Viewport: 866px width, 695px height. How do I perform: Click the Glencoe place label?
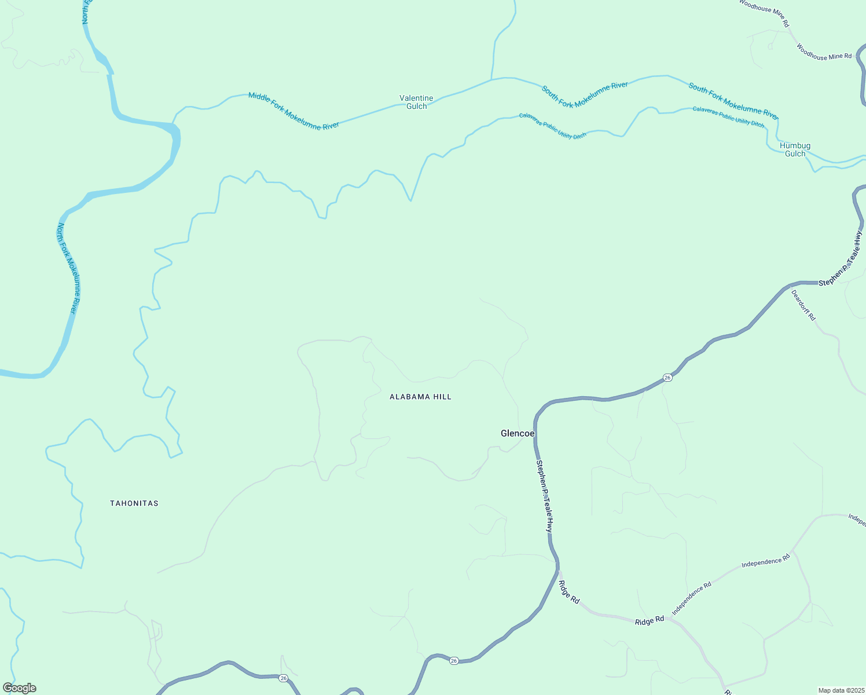coord(517,433)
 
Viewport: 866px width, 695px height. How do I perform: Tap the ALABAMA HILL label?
coord(420,397)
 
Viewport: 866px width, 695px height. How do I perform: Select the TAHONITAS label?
coord(134,503)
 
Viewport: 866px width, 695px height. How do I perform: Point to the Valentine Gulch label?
coord(416,102)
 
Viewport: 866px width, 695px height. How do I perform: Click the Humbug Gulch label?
coord(795,149)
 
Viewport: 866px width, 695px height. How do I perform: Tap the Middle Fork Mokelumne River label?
coord(293,111)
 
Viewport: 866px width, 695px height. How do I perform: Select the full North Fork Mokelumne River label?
coord(67,268)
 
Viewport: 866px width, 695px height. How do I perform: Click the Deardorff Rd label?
coord(803,305)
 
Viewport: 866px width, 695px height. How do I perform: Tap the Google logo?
coord(19,688)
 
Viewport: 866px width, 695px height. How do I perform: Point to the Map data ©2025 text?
coord(841,690)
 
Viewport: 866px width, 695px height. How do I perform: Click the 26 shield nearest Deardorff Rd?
coord(667,378)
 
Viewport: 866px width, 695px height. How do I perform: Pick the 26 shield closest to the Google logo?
coord(283,678)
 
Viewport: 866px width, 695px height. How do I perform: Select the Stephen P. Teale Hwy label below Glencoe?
coord(544,496)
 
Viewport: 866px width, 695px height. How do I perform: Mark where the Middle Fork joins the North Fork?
coord(174,124)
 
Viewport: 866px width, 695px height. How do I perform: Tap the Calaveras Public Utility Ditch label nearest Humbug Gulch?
coord(728,117)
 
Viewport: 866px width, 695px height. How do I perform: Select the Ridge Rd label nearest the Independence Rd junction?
coord(649,621)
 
